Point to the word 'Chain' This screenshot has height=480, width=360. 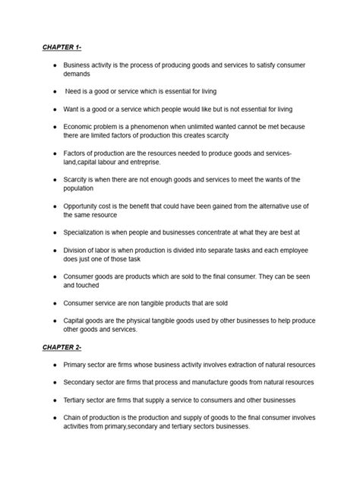pos(74,417)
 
